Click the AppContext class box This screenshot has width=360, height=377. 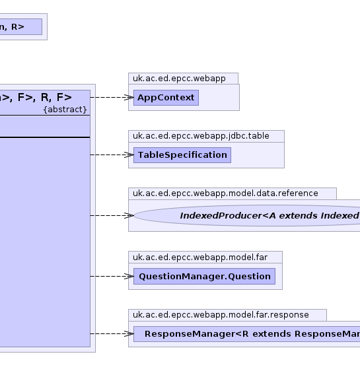point(166,98)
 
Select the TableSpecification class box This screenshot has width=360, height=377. point(182,155)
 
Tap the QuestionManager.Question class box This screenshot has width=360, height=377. point(204,276)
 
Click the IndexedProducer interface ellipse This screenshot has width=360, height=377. point(247,215)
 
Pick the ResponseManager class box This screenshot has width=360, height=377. point(247,334)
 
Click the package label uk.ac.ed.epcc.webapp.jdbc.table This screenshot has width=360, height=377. point(201,136)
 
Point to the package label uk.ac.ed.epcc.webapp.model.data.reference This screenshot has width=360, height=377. point(225,193)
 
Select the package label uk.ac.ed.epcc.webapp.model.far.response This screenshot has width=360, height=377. point(221,315)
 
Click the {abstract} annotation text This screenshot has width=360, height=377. point(65,110)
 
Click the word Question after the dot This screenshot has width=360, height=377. point(250,277)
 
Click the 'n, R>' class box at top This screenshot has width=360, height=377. point(21,26)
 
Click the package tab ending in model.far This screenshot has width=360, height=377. point(205,257)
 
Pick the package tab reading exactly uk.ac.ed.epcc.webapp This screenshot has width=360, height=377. point(183,79)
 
